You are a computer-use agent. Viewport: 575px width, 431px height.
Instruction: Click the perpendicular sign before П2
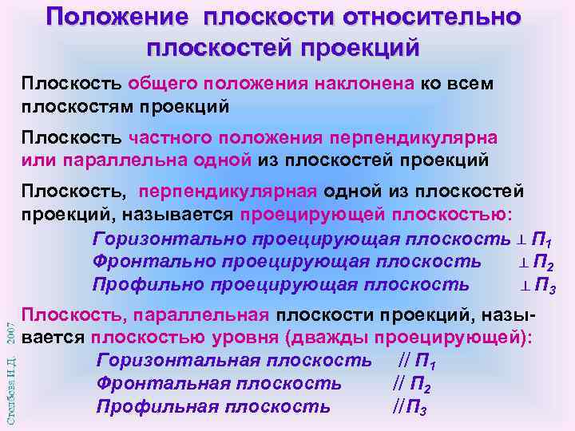pyautogui.click(x=525, y=263)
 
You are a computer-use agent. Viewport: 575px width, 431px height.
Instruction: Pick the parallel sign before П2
pyautogui.click(x=399, y=384)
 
